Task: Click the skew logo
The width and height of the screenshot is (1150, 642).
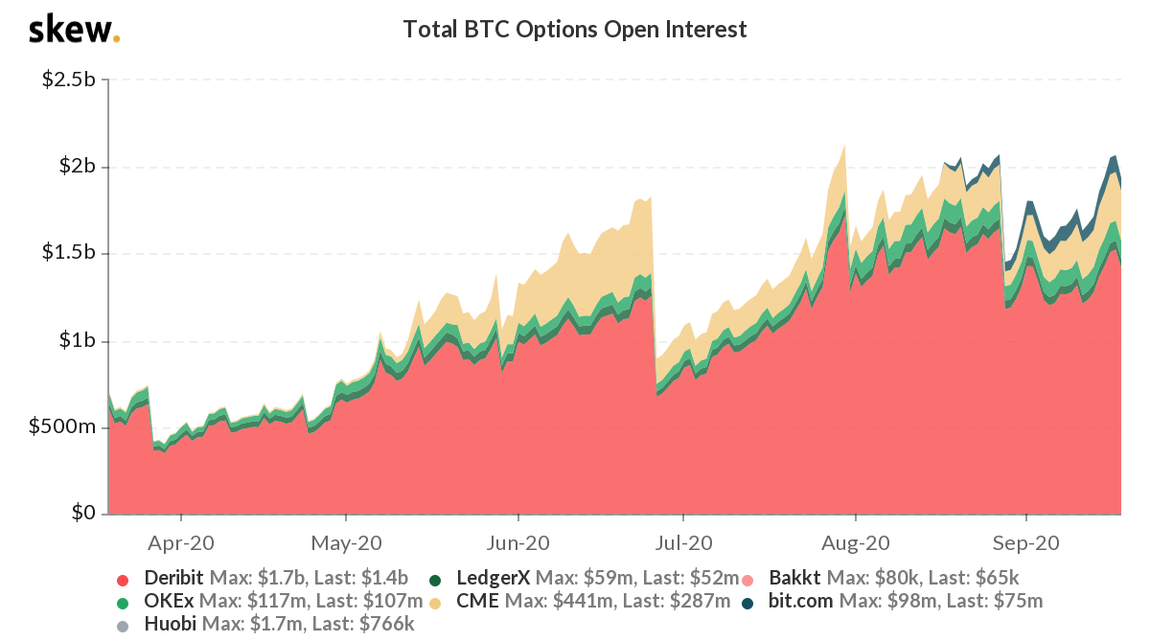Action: click(x=75, y=31)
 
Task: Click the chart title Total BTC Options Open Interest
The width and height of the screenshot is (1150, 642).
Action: click(x=575, y=30)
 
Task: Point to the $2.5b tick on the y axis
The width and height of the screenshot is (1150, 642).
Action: click(x=68, y=80)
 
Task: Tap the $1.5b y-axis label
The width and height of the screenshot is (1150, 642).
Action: click(x=68, y=254)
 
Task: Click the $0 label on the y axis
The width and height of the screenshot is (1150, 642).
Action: click(x=84, y=515)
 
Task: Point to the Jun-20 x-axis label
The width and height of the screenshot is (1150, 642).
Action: click(x=517, y=542)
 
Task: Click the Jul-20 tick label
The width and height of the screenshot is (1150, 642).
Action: click(x=684, y=542)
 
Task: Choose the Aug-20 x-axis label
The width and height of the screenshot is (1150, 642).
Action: click(x=854, y=542)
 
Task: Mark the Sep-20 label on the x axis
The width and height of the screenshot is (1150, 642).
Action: click(x=1023, y=542)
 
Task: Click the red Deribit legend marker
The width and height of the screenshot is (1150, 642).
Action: click(x=122, y=579)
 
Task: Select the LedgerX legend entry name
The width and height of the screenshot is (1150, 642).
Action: click(x=494, y=578)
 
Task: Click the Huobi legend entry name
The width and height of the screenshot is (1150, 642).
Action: click(x=171, y=624)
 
